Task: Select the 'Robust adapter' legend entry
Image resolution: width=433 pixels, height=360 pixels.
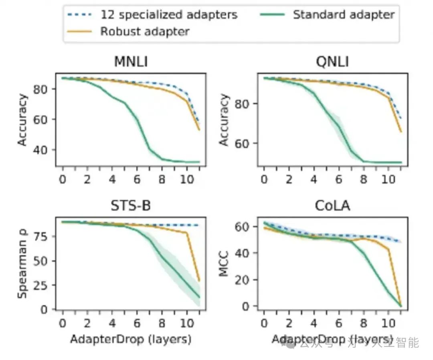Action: point(144,31)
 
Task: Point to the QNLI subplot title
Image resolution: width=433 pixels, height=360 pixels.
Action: point(332,62)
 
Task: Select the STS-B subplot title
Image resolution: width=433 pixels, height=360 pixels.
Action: point(131,206)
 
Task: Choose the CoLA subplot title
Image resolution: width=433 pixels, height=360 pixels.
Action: point(332,206)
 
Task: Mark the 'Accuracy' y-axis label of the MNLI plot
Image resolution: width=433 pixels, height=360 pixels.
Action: point(23,120)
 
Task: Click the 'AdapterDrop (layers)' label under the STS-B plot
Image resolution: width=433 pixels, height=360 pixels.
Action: point(131,339)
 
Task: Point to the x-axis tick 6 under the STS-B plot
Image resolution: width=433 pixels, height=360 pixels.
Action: point(137,322)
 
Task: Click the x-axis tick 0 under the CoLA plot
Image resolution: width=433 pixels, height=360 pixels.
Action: point(264,322)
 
